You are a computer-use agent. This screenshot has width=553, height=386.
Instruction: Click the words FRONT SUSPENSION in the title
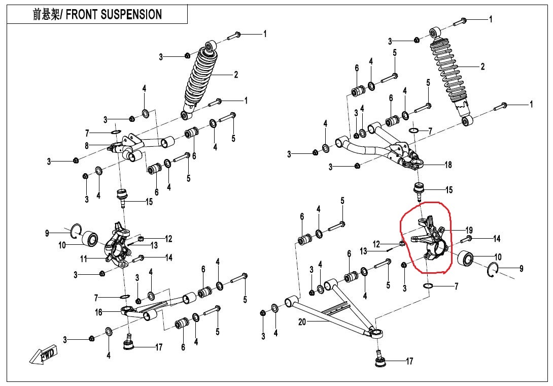tap(114, 14)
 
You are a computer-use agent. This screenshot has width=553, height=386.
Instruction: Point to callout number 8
tap(87, 145)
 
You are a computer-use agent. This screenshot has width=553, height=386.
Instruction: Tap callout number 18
tap(448, 165)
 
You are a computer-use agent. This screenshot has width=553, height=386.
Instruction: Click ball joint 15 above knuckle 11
tap(122, 196)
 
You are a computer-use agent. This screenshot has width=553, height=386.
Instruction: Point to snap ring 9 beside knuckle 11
tap(76, 230)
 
